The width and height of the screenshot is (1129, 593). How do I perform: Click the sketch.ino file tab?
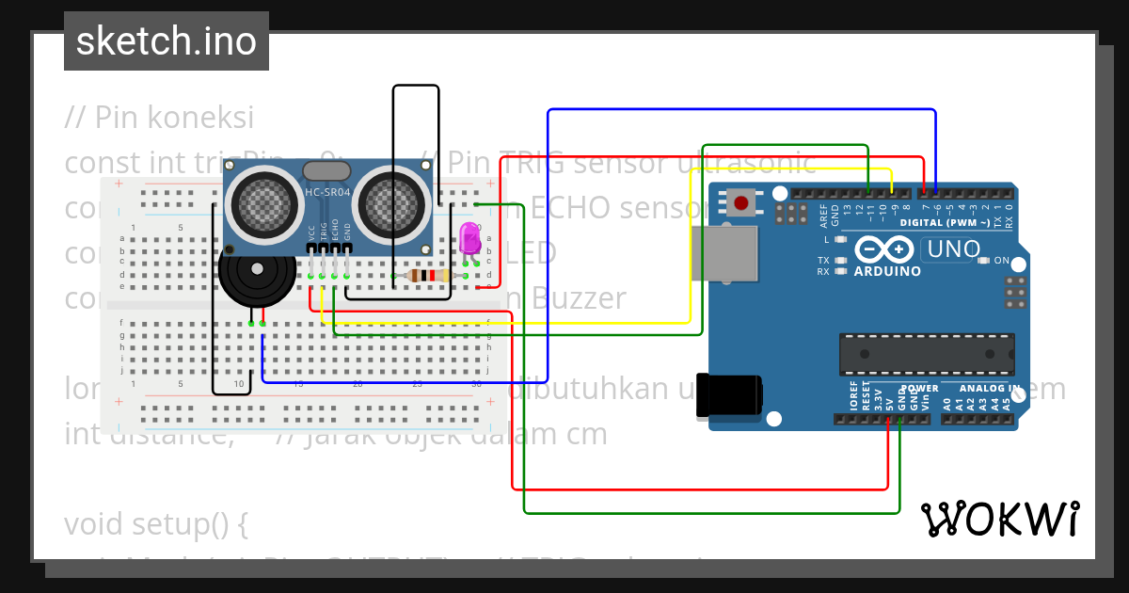coord(166,41)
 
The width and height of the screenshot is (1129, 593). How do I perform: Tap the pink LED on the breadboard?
coord(469,239)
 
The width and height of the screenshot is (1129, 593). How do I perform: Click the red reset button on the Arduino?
coord(742,202)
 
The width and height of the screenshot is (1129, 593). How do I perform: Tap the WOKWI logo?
coord(1000,519)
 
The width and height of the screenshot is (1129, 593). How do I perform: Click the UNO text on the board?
coord(952,249)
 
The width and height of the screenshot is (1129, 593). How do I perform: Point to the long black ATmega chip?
coord(927,354)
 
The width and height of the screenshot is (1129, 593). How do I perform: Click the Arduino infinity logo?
coord(885,249)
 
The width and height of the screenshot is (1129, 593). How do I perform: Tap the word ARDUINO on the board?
coord(887,271)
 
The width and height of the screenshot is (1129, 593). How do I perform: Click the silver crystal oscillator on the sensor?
coord(326,170)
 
